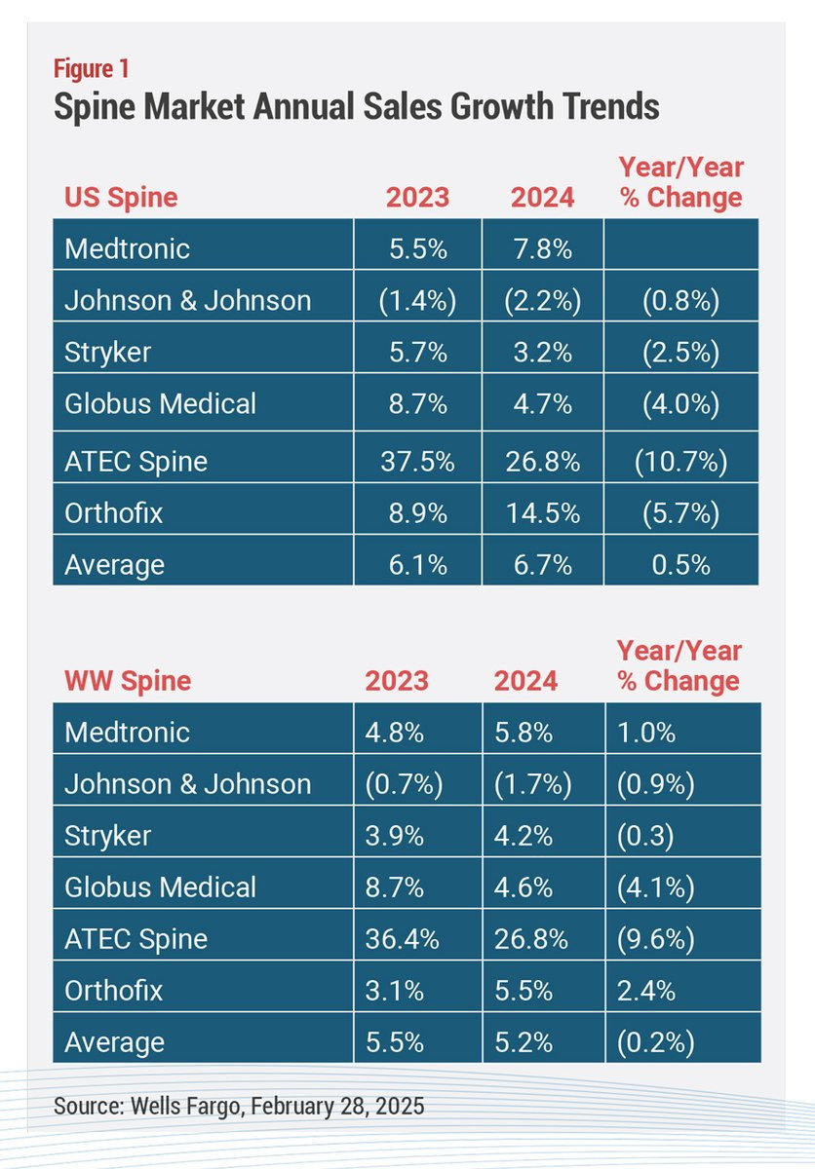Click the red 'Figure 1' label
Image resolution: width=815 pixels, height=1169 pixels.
(92, 69)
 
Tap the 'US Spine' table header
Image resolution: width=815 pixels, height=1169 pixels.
(121, 198)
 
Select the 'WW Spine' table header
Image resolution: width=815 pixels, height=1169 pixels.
(128, 681)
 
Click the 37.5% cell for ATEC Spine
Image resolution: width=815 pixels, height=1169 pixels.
(417, 462)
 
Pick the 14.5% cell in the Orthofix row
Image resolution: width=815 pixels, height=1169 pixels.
(543, 513)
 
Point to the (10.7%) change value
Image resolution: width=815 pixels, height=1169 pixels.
(680, 463)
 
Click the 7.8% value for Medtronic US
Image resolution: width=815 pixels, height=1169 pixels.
(543, 249)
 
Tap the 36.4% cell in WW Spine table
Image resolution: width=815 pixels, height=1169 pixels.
(402, 939)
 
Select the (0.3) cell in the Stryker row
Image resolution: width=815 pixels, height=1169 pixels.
(645, 836)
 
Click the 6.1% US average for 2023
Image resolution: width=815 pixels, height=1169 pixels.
(417, 565)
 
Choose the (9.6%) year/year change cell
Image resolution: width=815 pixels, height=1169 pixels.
(656, 940)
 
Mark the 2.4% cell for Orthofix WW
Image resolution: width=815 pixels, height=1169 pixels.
(646, 991)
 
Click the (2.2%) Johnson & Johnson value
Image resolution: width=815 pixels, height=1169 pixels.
(543, 301)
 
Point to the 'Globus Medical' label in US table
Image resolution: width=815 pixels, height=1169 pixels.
(160, 403)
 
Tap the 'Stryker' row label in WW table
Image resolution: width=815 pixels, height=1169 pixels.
(107, 836)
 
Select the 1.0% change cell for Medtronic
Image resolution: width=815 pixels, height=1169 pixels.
(646, 733)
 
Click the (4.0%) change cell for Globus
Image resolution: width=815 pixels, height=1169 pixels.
(680, 404)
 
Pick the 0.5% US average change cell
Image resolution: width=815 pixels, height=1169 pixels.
(680, 565)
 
